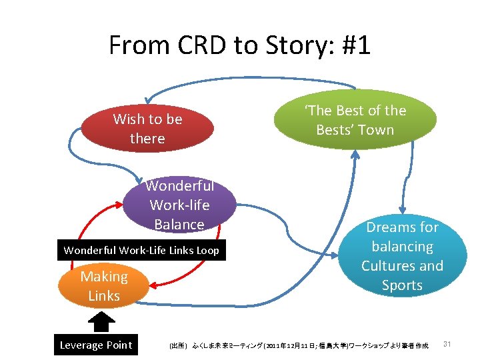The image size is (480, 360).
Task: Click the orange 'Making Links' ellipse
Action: [x=104, y=286]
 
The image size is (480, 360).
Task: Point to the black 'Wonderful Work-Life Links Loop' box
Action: [x=141, y=251]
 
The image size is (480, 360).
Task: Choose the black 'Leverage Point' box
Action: [x=96, y=345]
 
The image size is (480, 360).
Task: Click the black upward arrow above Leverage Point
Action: [x=102, y=321]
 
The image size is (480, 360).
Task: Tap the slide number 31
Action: [x=447, y=344]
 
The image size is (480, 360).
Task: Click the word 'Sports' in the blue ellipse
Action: [x=402, y=285]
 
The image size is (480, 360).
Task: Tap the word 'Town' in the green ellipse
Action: [x=376, y=130]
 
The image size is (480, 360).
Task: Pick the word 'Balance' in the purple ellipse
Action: [x=179, y=225]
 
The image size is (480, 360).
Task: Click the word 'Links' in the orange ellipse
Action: [x=104, y=295]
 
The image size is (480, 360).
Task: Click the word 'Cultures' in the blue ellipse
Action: [x=388, y=266]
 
